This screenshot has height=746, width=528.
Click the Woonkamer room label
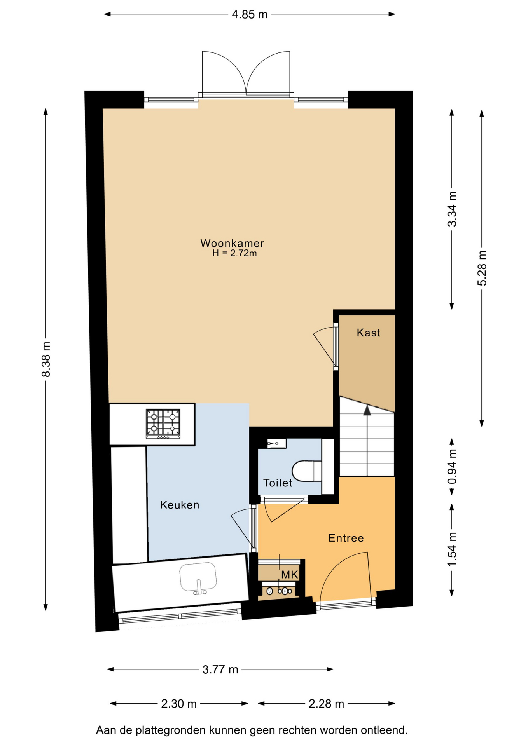tap(232, 243)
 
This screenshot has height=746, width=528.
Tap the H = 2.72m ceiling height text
tap(234, 253)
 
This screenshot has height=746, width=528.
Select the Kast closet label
tap(368, 333)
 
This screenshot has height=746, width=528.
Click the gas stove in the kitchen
tap(163, 423)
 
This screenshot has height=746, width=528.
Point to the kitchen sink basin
tap(198, 577)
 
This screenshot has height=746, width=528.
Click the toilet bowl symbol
tap(307, 471)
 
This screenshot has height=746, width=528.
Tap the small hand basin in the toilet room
tap(276, 443)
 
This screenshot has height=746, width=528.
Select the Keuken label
tap(180, 505)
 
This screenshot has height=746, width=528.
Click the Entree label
tap(346, 538)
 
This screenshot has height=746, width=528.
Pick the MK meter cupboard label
tap(290, 575)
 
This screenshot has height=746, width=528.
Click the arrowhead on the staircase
tap(367, 410)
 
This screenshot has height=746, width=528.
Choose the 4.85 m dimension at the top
tap(250, 14)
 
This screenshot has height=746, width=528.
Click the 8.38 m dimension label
tap(46, 359)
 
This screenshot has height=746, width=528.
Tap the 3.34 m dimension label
tap(452, 209)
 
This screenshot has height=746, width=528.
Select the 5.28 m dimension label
tap(482, 268)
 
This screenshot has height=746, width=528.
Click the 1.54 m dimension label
tap(452, 549)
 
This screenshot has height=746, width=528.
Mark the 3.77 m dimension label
tap(220, 669)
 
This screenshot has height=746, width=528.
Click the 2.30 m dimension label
tap(179, 704)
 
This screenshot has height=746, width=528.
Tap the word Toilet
tap(278, 483)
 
